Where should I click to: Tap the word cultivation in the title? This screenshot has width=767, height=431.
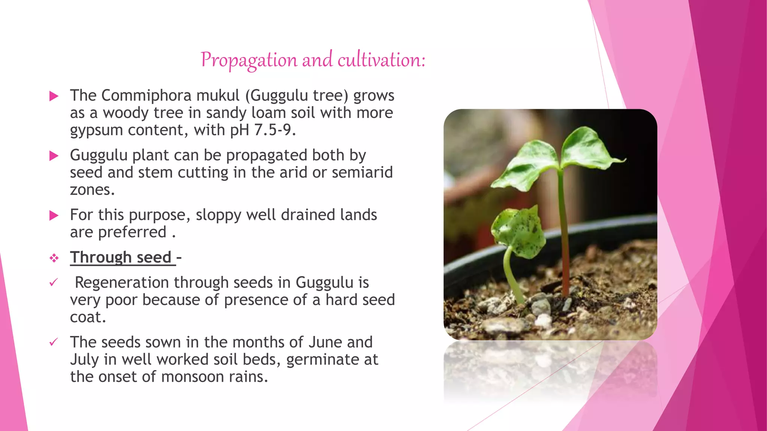click(x=381, y=60)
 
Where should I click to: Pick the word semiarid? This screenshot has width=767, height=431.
click(x=362, y=172)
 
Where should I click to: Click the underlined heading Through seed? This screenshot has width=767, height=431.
click(x=121, y=257)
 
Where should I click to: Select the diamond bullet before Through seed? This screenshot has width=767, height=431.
click(x=54, y=258)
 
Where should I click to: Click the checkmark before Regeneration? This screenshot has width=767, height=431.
click(x=54, y=282)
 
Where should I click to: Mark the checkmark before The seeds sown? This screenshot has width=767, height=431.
click(x=54, y=342)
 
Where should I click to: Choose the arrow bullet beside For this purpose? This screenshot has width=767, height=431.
click(x=54, y=215)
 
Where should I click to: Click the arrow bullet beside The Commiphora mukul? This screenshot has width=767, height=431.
click(x=54, y=96)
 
